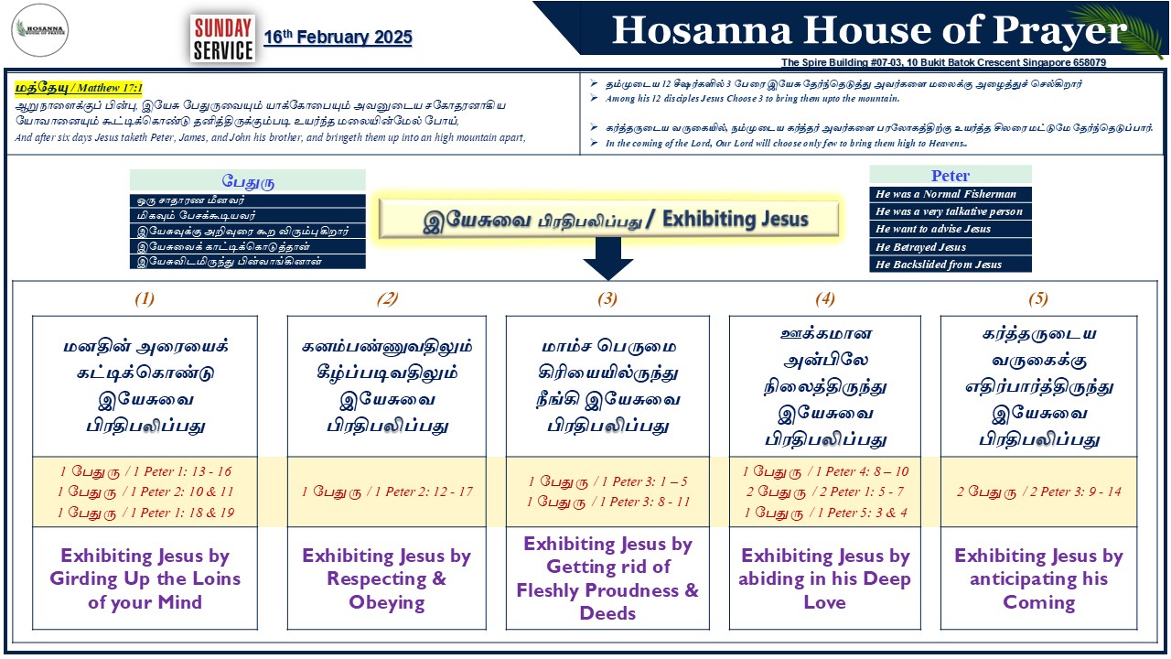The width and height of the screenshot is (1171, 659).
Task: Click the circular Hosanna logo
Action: tap(39, 30)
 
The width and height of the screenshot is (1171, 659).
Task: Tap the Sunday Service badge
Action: tap(223, 38)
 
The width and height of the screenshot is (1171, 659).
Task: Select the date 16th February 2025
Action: tap(338, 38)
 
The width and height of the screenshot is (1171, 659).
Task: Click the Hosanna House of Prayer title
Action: tap(869, 30)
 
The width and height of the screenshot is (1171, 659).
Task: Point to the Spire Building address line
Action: tap(943, 62)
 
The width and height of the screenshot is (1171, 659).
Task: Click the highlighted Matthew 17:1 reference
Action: tap(79, 87)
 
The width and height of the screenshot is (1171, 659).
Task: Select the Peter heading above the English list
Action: tap(951, 175)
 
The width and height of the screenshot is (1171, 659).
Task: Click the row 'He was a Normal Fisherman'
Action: tap(951, 194)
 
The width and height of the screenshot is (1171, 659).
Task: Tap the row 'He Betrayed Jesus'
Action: tap(951, 247)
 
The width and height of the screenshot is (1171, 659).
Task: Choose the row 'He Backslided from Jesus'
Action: tap(951, 265)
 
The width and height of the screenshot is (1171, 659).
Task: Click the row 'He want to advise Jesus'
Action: tap(951, 229)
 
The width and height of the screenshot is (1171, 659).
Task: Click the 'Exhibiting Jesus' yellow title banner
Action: tap(608, 219)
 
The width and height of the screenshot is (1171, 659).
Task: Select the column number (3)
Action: tap(607, 298)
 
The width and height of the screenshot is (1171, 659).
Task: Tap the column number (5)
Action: tap(1038, 298)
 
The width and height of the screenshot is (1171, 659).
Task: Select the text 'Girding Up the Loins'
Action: tap(145, 578)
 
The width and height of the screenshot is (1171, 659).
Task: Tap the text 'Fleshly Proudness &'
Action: tap(607, 590)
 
